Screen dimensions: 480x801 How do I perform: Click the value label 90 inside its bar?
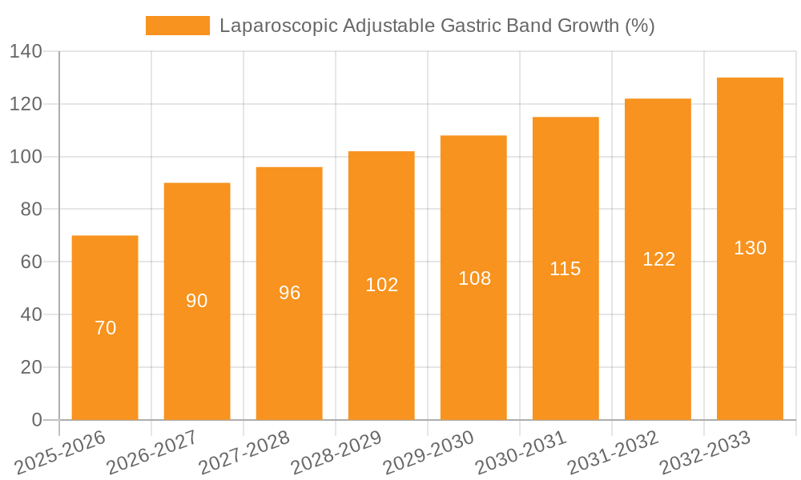click(197, 301)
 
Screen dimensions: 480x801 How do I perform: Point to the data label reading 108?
click(474, 278)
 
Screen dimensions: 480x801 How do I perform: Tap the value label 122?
click(658, 259)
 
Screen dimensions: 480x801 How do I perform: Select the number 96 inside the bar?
click(289, 293)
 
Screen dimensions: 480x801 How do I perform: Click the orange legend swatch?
click(177, 26)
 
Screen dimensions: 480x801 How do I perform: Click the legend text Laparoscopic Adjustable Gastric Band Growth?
click(437, 26)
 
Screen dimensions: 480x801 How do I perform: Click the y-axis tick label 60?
click(31, 262)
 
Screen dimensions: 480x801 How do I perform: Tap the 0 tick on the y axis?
click(36, 420)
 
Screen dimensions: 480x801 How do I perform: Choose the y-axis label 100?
click(26, 157)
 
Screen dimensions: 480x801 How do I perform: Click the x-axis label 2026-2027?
click(152, 452)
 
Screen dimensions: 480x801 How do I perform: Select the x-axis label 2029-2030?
click(429, 452)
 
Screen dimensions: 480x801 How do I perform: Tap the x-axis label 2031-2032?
click(613, 452)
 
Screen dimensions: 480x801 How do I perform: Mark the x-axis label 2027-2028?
click(244, 452)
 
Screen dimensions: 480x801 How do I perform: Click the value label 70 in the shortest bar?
click(105, 328)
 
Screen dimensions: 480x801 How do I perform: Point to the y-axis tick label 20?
click(31, 367)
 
